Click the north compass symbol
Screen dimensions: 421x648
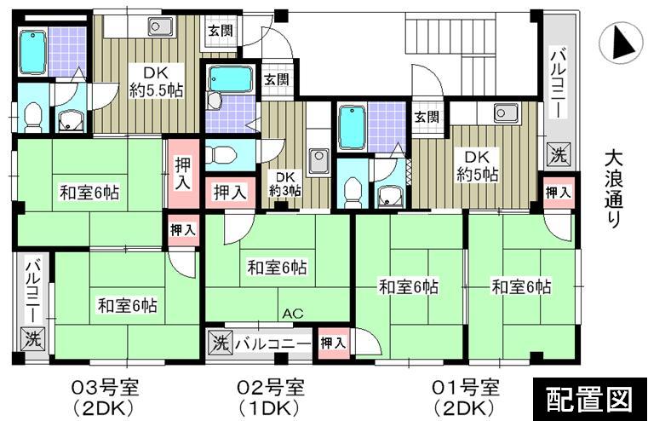click(620, 42)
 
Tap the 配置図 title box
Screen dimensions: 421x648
click(588, 397)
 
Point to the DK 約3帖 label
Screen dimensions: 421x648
click(284, 184)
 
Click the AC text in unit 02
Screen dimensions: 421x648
click(293, 314)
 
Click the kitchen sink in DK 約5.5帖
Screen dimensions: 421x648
click(160, 26)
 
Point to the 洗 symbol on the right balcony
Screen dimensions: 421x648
click(557, 156)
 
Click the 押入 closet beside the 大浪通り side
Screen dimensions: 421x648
click(559, 192)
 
